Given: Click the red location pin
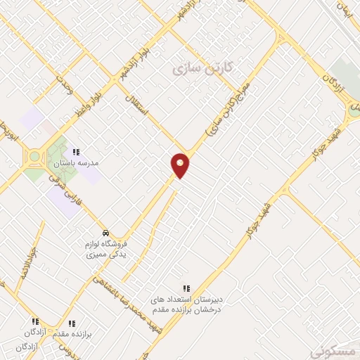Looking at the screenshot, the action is tap(180, 165).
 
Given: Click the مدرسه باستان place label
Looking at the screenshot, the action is tap(78, 162).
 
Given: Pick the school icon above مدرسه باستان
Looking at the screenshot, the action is tap(76, 151).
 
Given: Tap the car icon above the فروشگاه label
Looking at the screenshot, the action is tap(105, 233).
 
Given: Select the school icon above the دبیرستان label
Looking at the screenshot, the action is tap(187, 288).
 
